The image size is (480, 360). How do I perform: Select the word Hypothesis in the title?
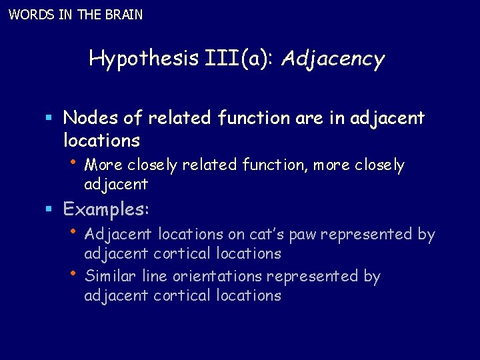144,59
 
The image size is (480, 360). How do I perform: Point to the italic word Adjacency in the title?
333,60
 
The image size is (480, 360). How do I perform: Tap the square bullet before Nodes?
49,119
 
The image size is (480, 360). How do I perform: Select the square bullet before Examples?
49,210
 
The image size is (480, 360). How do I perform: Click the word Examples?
107,209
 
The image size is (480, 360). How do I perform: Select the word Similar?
110,276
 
